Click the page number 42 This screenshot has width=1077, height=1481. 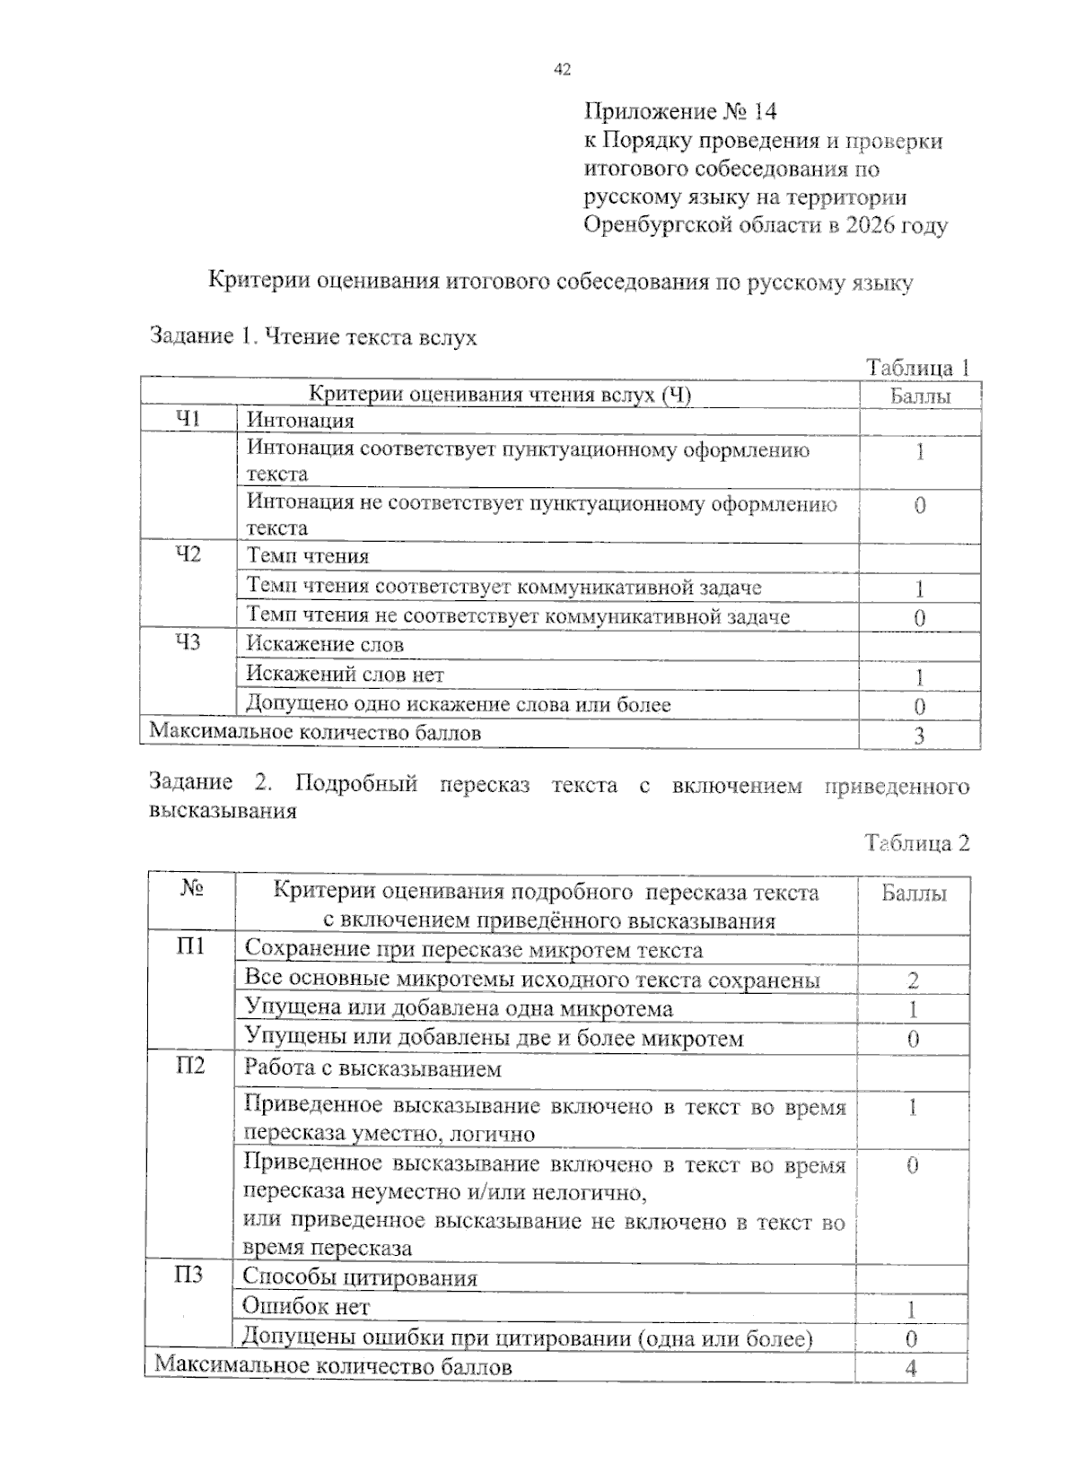563,69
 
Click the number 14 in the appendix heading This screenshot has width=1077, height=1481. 765,111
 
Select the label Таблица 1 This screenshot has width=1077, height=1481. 917,368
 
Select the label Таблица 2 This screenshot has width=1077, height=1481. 917,843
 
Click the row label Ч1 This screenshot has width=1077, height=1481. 188,419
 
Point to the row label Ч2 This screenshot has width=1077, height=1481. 188,554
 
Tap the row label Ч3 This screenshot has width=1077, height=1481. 188,642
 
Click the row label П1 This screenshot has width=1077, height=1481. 190,947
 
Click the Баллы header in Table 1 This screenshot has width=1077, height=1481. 920,396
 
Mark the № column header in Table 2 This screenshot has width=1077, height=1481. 191,889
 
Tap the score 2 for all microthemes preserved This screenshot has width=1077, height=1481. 913,980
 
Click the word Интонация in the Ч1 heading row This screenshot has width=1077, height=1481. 301,421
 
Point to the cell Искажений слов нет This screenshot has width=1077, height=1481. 345,675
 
